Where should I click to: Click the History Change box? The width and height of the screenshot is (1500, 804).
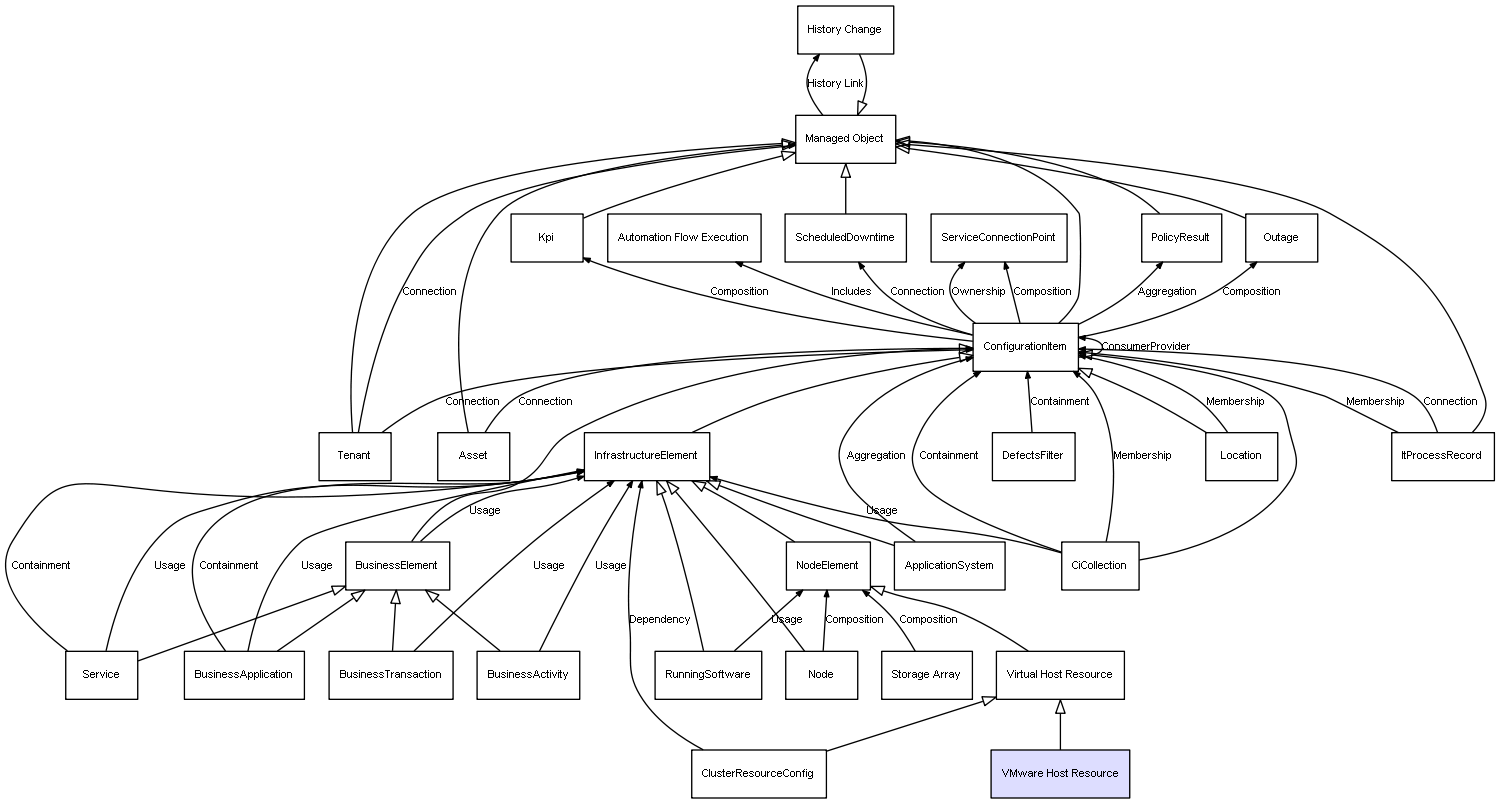click(845, 30)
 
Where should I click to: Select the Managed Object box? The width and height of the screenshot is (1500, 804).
click(845, 139)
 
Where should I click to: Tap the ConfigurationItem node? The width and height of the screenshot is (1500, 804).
click(1025, 347)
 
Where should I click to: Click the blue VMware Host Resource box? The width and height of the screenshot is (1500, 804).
click(1060, 773)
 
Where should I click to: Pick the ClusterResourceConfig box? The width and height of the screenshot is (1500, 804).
click(758, 774)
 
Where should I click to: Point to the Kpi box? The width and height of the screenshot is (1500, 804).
click(546, 238)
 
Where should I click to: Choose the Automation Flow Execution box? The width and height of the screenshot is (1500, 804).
click(683, 238)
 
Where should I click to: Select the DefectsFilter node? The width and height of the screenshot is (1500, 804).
click(1033, 456)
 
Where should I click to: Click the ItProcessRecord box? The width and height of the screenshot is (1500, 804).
click(1442, 456)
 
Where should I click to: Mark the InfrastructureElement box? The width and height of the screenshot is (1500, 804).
click(646, 456)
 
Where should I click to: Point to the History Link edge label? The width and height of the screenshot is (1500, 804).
click(835, 84)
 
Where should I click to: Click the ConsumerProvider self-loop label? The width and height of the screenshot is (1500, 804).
click(1146, 347)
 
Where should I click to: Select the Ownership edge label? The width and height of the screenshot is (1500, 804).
click(978, 292)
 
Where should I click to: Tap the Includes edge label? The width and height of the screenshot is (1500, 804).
click(851, 292)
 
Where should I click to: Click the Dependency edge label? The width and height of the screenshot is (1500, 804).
click(659, 620)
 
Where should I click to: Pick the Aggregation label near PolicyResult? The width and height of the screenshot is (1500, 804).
click(1167, 292)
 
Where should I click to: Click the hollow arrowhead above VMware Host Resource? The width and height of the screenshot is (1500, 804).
click(1060, 707)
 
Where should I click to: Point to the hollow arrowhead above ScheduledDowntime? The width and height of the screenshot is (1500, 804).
click(845, 171)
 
